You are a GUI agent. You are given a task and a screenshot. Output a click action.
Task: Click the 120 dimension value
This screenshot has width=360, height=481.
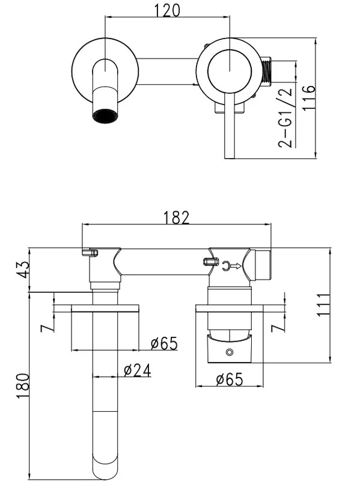point(167,10)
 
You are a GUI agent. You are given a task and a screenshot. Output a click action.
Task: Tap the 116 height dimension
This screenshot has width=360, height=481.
point(308,98)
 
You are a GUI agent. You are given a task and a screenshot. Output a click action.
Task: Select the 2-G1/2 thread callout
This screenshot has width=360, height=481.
point(285,117)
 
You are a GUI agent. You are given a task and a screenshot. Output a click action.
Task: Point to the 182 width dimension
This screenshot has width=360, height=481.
point(176,218)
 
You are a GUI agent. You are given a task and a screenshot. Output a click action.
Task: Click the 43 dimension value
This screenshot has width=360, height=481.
point(23,269)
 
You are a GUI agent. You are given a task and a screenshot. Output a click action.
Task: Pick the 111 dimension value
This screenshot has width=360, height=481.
point(323,305)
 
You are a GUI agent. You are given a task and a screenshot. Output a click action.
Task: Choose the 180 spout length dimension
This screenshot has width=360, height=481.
point(23,385)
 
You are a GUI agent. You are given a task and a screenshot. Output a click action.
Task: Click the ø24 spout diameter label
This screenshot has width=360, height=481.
point(138,370)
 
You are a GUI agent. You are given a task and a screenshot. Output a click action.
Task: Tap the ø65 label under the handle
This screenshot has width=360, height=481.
point(230,379)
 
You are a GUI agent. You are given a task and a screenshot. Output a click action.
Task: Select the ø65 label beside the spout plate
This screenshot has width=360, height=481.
point(164,343)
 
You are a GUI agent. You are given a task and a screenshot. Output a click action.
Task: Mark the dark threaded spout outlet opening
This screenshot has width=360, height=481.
point(105,115)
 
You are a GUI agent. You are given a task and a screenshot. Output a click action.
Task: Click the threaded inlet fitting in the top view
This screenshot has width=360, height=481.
point(267,72)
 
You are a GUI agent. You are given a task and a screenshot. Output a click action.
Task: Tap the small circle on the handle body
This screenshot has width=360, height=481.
point(229,352)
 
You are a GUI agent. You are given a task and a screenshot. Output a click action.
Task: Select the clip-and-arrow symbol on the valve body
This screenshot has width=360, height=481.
point(231,266)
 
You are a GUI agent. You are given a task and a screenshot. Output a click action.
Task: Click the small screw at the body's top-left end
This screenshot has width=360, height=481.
point(90,253)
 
